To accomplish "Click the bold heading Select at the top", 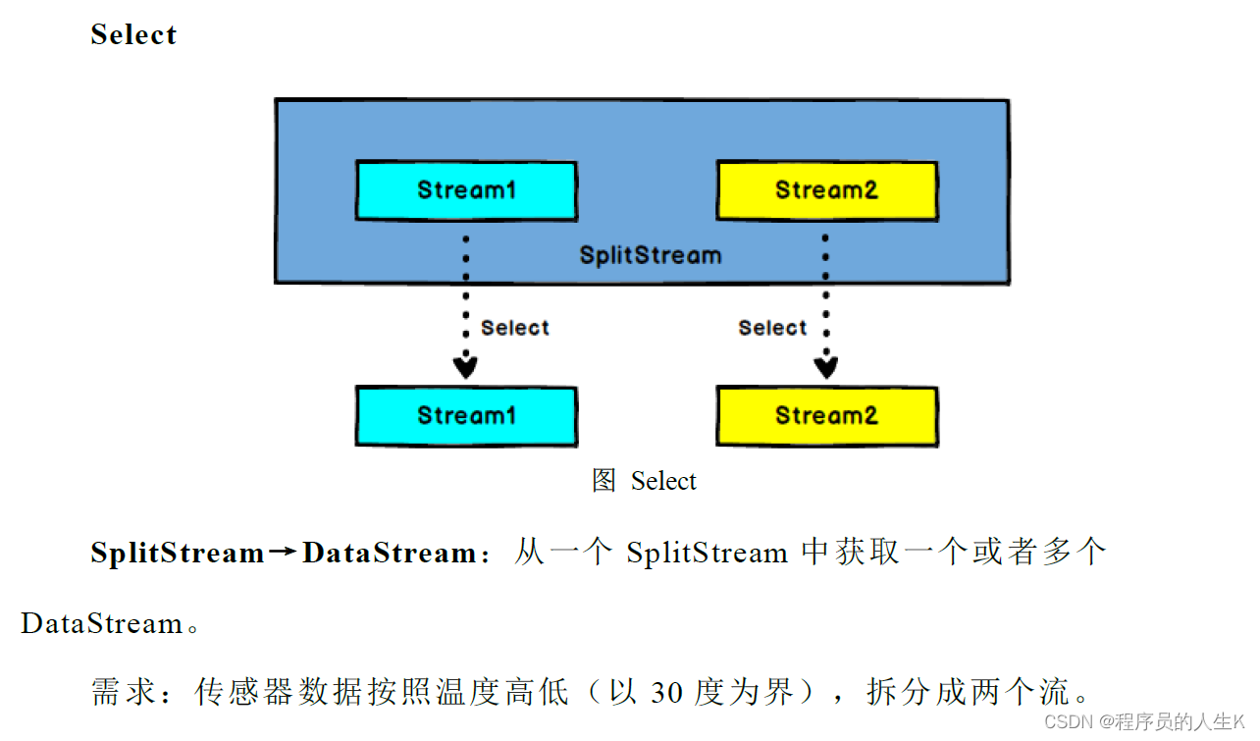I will pyautogui.click(x=133, y=34).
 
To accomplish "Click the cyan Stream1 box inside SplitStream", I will pyautogui.click(x=466, y=190).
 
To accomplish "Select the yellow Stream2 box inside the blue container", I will pyautogui.click(x=826, y=190).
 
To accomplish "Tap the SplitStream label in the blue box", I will pyautogui.click(x=650, y=256).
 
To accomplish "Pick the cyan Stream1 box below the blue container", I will pyautogui.click(x=466, y=416).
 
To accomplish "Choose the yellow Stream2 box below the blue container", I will pyautogui.click(x=826, y=416).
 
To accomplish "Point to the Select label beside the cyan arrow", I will pyautogui.click(x=515, y=328).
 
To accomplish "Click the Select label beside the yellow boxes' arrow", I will pyautogui.click(x=772, y=328).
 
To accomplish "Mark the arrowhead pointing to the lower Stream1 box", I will pyautogui.click(x=465, y=367).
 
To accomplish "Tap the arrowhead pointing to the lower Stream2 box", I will pyautogui.click(x=826, y=367).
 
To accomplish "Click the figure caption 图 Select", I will pyautogui.click(x=644, y=481).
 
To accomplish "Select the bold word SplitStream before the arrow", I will pyautogui.click(x=178, y=554).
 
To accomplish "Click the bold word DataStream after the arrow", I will pyautogui.click(x=390, y=554).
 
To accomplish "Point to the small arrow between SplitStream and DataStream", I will pyautogui.click(x=283, y=554).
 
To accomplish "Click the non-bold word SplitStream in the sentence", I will pyautogui.click(x=707, y=554).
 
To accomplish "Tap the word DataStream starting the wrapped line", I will pyautogui.click(x=102, y=624).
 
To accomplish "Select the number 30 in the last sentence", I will pyautogui.click(x=667, y=693).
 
